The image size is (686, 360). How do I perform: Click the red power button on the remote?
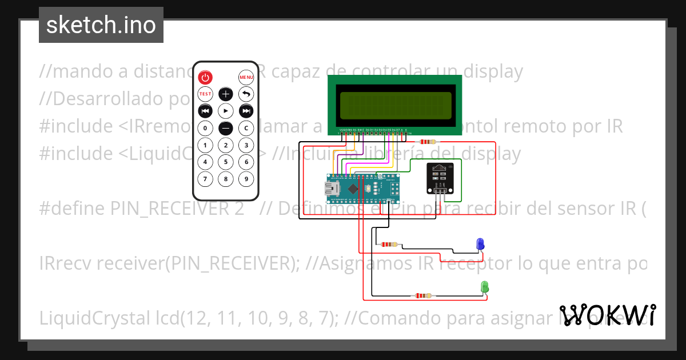click(205, 77)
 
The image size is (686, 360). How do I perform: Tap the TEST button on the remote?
click(205, 94)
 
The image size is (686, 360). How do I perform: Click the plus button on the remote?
click(226, 94)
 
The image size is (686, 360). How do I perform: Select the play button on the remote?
click(226, 111)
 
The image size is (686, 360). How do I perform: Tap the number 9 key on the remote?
click(246, 179)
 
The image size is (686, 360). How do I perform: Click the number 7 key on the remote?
click(205, 179)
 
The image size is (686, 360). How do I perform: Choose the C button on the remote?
click(246, 128)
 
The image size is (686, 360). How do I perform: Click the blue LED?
click(480, 243)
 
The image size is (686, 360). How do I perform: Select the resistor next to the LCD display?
click(427, 142)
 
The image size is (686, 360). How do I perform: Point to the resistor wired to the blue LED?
click(388, 245)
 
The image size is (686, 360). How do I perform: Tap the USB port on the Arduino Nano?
click(332, 189)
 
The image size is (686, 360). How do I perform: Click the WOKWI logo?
click(608, 315)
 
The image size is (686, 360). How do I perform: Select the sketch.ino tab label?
click(101, 25)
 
